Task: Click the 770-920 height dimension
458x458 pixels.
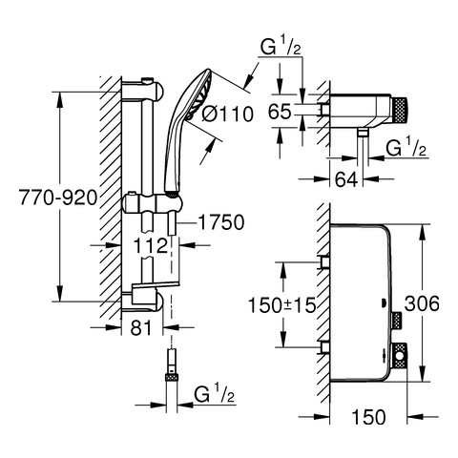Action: click(58, 198)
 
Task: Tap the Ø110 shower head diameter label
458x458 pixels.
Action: click(228, 114)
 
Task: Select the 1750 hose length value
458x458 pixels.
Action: click(221, 222)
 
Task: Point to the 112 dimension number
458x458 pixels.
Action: click(151, 246)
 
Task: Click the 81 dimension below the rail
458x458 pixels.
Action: click(141, 327)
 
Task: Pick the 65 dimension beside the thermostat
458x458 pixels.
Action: click(280, 112)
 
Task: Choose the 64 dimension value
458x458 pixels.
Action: click(346, 179)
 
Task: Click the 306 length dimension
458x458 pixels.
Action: click(422, 303)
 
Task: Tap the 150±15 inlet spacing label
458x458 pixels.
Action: click(282, 305)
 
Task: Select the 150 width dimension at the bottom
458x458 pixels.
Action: click(368, 417)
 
